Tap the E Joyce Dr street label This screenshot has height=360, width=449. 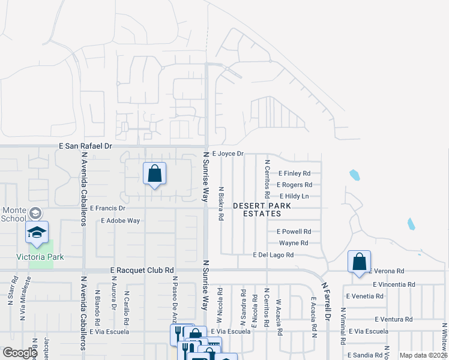tap(228, 154)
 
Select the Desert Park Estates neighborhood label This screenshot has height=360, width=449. tap(262, 209)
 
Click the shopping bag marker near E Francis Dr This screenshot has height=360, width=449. tap(154, 173)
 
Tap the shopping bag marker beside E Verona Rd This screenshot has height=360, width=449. tap(359, 262)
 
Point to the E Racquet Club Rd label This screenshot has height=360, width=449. tap(142, 271)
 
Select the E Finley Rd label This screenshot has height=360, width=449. tap(294, 173)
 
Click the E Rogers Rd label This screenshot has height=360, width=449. tap(296, 185)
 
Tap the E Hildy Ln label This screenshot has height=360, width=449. tap(294, 196)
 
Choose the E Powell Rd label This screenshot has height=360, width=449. tap(294, 232)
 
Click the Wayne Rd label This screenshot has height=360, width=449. tap(294, 243)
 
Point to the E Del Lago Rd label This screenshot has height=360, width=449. tap(273, 255)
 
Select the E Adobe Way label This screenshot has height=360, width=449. tap(121, 221)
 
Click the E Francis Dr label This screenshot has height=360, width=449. tap(107, 208)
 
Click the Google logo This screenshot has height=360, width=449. tap(20, 353)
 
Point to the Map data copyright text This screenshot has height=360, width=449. tap(423, 355)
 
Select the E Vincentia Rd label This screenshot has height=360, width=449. tap(394, 284)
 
